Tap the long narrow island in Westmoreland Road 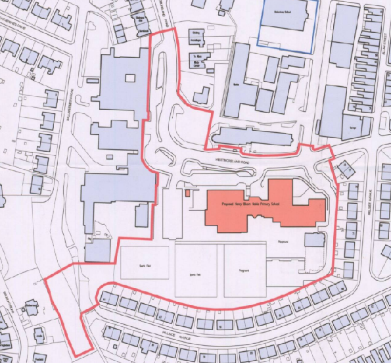(x=217, y=168)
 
